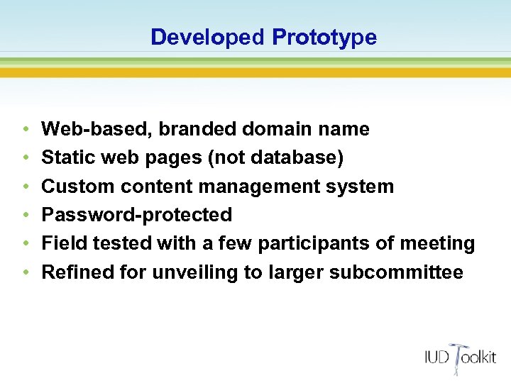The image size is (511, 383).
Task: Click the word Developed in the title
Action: coord(207,37)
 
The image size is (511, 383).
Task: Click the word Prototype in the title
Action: coord(324,37)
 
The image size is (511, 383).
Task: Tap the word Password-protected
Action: coord(137,215)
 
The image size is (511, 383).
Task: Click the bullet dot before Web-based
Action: coord(25,130)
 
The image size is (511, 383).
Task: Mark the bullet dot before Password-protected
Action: coord(25,216)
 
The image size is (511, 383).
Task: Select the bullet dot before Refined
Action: coord(25,273)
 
